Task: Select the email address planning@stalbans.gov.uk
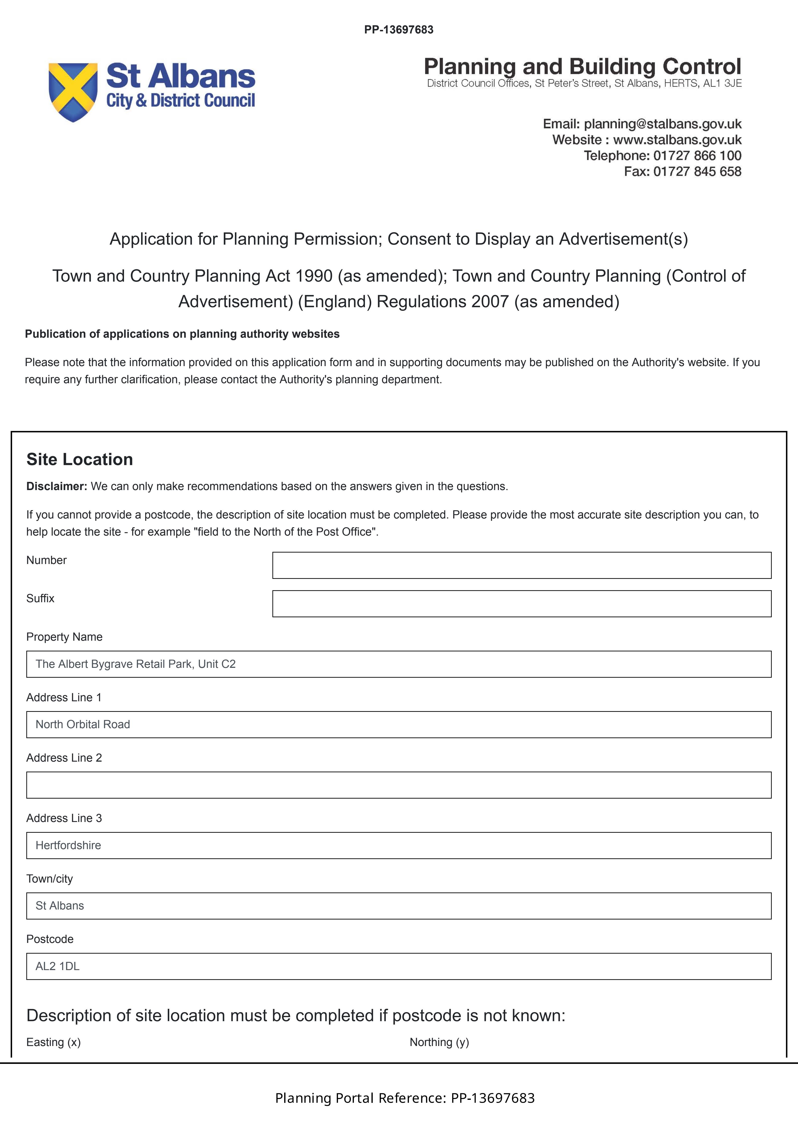[x=662, y=124]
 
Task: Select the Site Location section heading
[x=80, y=459]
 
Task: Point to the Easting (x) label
[x=54, y=1043]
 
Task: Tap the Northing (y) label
[x=439, y=1043]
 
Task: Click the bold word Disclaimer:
[x=57, y=486]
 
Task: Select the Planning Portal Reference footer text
[x=405, y=1098]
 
